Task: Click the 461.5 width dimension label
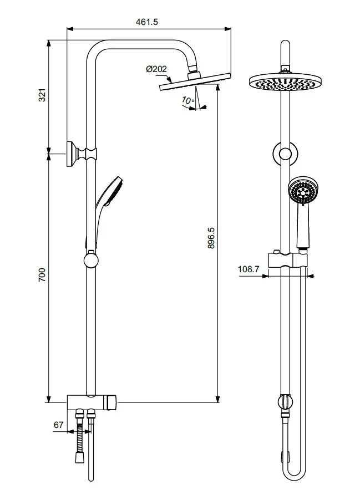pyautogui.click(x=147, y=22)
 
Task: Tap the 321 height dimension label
pyautogui.click(x=42, y=95)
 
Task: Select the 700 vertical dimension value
pyautogui.click(x=42, y=275)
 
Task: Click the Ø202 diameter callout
pyautogui.click(x=157, y=69)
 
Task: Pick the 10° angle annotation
pyautogui.click(x=187, y=100)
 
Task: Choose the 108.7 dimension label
pyautogui.click(x=249, y=270)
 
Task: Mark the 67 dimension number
pyautogui.click(x=58, y=425)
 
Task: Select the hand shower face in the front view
pyautogui.click(x=303, y=193)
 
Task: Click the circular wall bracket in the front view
pyautogui.click(x=285, y=154)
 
